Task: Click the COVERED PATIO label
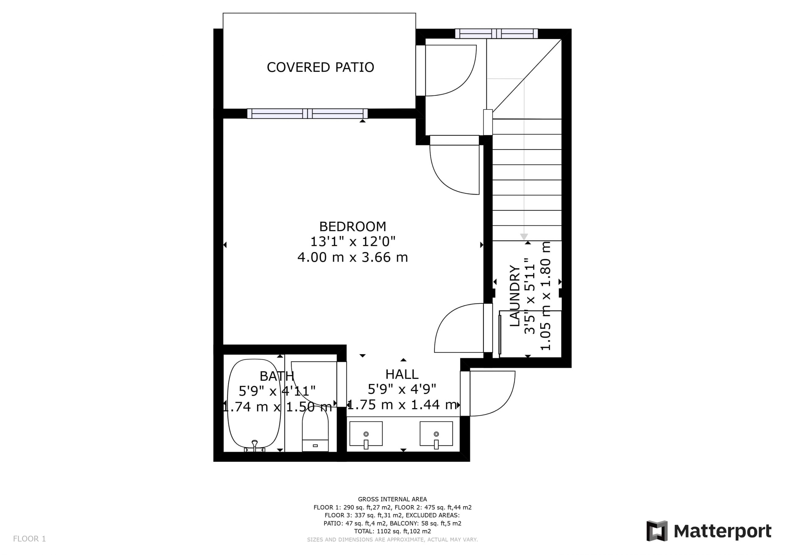(320, 67)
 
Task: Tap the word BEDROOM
(353, 226)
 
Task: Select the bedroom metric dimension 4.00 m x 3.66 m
(353, 257)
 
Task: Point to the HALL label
(402, 374)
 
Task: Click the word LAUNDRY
(515, 296)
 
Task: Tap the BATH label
(277, 376)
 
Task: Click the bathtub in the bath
(254, 406)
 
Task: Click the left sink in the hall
(366, 434)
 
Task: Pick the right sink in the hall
(436, 434)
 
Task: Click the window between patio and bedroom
(307, 113)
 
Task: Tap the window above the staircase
(496, 33)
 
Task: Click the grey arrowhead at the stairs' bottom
(524, 237)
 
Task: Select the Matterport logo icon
(657, 531)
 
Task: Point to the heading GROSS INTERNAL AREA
(392, 499)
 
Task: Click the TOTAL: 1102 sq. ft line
(392, 531)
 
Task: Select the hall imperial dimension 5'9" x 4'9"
(402, 389)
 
